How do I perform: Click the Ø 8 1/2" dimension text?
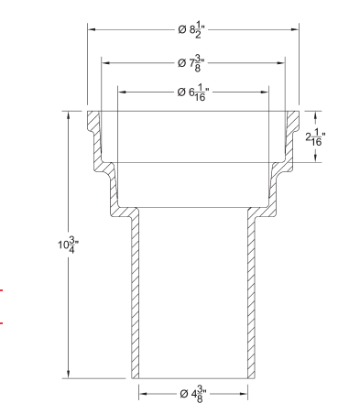[192, 30]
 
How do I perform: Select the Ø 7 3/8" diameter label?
[192, 62]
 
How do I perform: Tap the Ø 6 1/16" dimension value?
[193, 93]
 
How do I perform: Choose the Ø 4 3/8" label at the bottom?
[193, 393]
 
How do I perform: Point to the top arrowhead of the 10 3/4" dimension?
[68, 116]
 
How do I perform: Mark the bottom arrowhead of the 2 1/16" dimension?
[317, 158]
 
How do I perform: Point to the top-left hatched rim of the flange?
[94, 120]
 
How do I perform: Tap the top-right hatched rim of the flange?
[291, 120]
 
